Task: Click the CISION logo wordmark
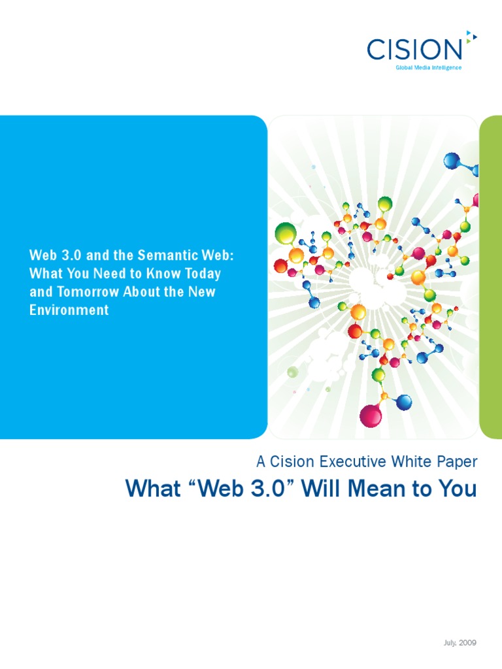(414, 49)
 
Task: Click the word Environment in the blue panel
(69, 310)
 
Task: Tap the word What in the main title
(150, 488)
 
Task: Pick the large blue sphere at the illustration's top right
(452, 160)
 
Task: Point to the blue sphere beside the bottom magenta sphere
(404, 402)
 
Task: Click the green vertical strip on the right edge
(491, 278)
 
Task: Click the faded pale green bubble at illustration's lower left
(293, 372)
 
